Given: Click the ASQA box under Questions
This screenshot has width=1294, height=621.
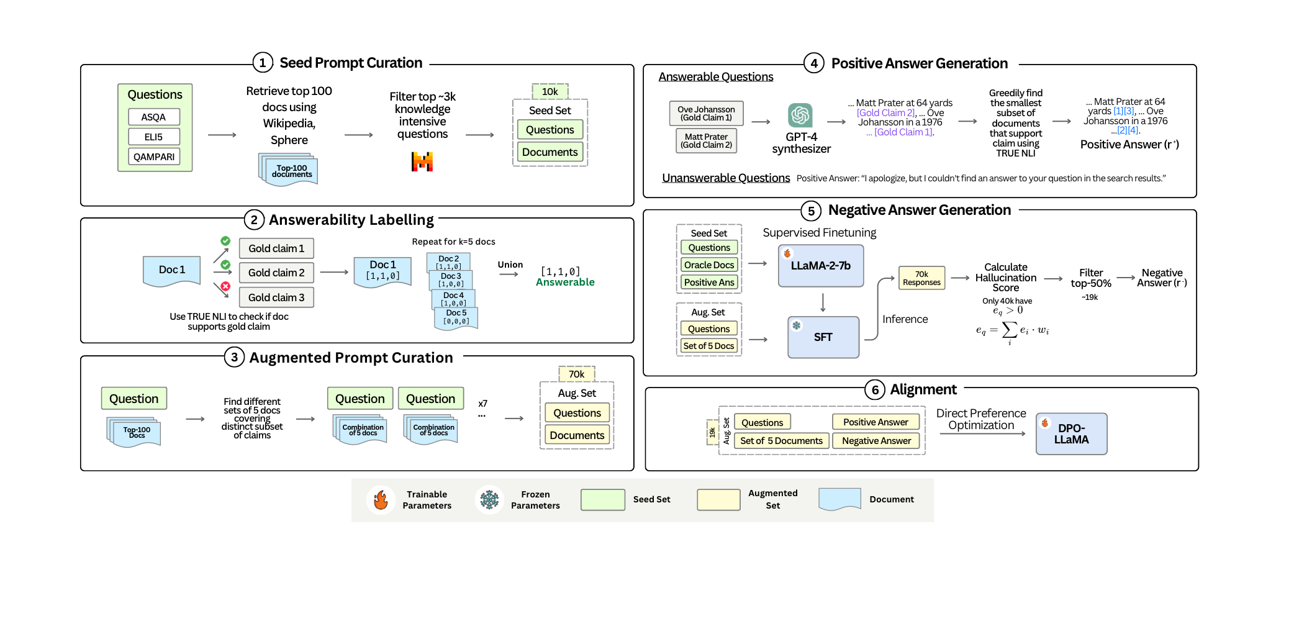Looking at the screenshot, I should point(154,117).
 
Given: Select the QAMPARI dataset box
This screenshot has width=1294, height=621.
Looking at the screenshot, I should point(154,156).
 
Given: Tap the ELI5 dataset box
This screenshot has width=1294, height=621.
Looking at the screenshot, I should point(154,137).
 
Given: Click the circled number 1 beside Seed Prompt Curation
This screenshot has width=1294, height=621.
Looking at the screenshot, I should point(263,63).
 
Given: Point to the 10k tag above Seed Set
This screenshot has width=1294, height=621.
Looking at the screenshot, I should point(550,91).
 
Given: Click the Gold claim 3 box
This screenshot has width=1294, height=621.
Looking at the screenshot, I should point(276,297).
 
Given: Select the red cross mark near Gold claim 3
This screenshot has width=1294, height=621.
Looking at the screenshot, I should point(226,286).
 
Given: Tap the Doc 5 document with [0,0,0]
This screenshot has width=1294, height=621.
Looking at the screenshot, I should point(456,317).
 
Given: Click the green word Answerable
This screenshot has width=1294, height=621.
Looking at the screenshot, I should point(565,282).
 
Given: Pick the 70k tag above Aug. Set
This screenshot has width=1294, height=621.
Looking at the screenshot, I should point(577,374).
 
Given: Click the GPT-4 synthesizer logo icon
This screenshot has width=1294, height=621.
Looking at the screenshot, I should point(800,116).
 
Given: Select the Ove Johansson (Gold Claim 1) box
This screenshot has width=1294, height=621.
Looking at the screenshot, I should point(706,114).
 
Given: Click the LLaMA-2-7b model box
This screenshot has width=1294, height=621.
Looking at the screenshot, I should point(821,266).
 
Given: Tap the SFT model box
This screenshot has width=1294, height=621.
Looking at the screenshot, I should point(823,337).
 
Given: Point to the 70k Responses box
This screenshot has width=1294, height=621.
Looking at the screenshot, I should point(921,278).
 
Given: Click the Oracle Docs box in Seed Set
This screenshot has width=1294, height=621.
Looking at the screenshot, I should point(709,265).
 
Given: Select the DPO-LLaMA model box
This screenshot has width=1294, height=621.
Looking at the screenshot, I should point(1071,434).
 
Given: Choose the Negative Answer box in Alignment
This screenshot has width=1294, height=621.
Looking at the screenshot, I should point(876,441).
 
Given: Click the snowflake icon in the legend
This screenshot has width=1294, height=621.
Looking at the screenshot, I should point(489,499).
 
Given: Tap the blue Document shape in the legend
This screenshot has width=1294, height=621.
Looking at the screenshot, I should point(839,499).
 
